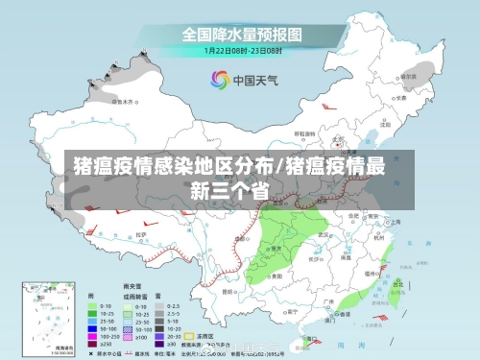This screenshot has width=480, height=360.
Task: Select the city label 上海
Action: [x=395, y=222]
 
